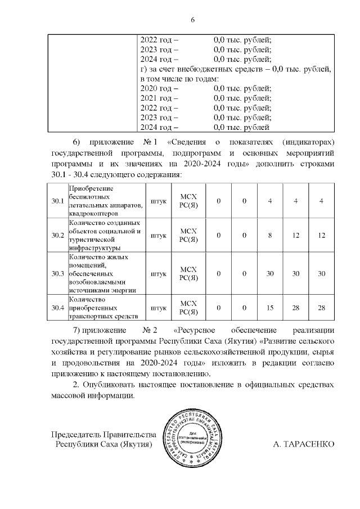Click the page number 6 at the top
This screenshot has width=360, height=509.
pyautogui.click(x=192, y=20)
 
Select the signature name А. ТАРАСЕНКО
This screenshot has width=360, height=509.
pyautogui.click(x=303, y=444)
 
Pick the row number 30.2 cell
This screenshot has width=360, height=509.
pyautogui.click(x=57, y=235)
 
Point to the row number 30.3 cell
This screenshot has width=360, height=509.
pyautogui.click(x=57, y=273)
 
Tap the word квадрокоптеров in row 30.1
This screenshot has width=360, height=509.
pyautogui.click(x=93, y=214)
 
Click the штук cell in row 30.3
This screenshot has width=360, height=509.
pyautogui.click(x=159, y=273)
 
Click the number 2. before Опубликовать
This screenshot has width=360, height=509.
pyautogui.click(x=77, y=385)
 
